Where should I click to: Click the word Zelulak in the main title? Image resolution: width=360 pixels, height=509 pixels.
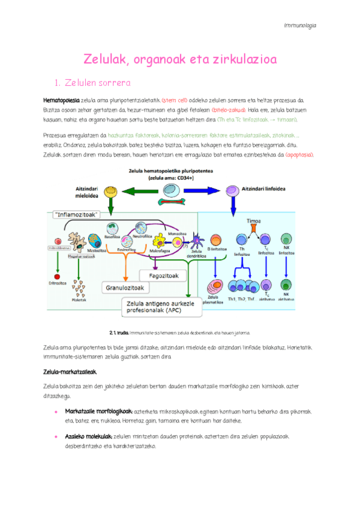tap(106, 59)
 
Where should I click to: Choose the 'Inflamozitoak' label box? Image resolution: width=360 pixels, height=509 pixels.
tap(76, 214)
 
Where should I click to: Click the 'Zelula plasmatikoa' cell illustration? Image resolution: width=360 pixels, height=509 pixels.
tap(212, 288)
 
